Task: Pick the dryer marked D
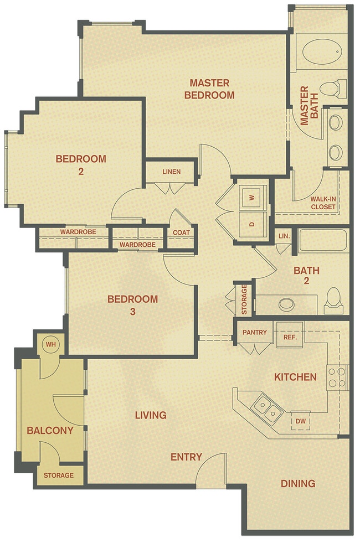point(251,224)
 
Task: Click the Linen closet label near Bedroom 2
point(171,172)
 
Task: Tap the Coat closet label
point(181,232)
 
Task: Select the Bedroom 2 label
point(81,165)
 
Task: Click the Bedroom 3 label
point(132,305)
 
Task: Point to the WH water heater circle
point(51,345)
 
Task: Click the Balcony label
point(50,430)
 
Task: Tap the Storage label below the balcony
point(58,475)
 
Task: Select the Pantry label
point(255,333)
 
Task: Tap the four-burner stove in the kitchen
point(337,377)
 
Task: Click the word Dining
point(297,483)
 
